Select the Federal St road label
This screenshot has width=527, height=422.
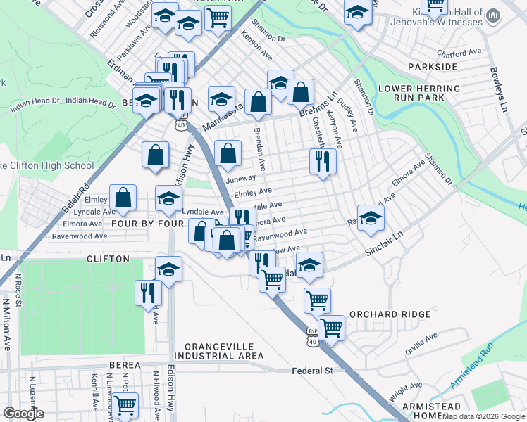(312, 371)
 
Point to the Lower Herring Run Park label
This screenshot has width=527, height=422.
(419, 94)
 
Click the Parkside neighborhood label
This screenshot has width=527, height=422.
(433, 67)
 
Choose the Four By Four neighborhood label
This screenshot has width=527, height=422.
(147, 224)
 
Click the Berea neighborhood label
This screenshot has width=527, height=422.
(126, 365)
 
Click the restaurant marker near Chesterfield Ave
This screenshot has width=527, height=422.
(323, 162)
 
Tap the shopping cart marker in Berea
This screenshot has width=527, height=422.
(125, 404)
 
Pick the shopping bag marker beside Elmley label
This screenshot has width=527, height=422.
(123, 198)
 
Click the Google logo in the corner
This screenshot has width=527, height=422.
(23, 414)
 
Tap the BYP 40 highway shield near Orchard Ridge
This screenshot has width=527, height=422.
(313, 335)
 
